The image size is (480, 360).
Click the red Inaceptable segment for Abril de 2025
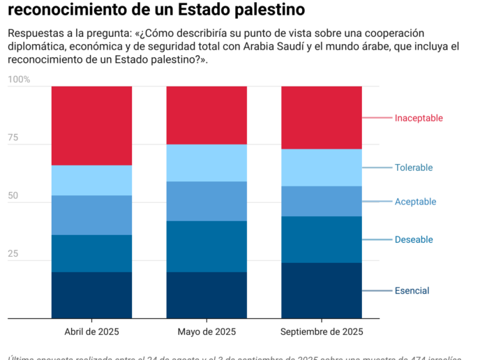click(91, 126)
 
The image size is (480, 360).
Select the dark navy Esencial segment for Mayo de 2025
click(207, 295)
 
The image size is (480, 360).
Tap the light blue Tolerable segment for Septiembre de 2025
click(321, 167)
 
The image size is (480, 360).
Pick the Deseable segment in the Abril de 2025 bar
click(91, 253)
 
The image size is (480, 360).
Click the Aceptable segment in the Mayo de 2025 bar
click(207, 201)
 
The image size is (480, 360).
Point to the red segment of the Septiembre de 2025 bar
click(321, 117)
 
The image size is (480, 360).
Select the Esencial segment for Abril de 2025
click(91, 295)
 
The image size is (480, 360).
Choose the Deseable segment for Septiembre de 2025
click(321, 239)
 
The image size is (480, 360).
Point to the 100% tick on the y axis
click(19, 80)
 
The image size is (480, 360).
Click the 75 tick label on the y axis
click(13, 138)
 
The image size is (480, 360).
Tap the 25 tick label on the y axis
click(13, 254)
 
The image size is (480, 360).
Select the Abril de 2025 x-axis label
click(91, 331)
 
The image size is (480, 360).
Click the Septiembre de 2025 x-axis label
click(321, 331)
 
